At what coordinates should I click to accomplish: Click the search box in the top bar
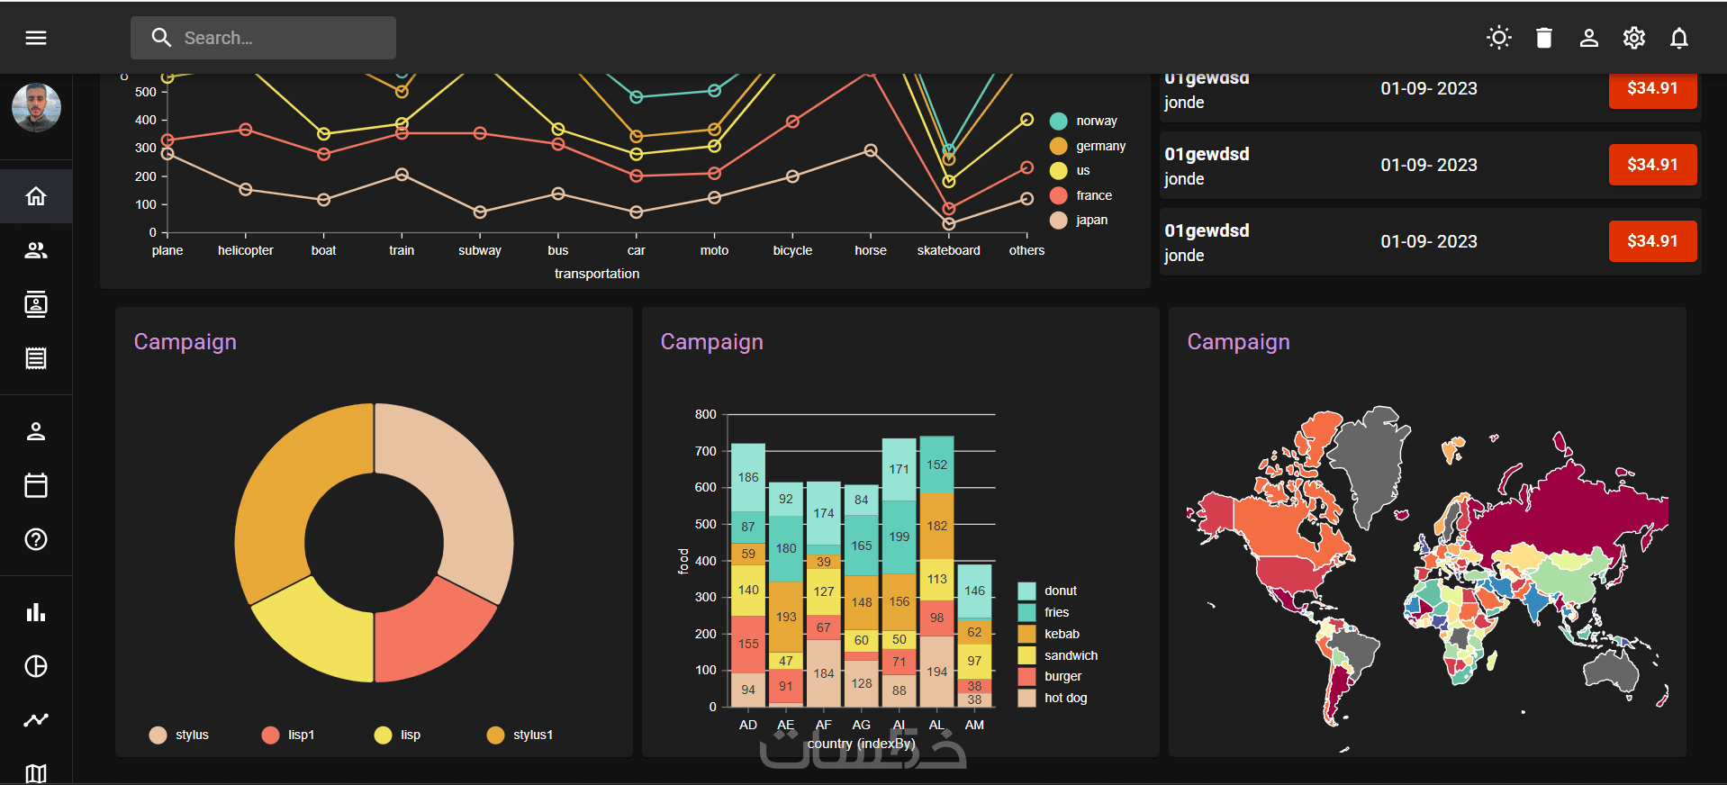263,38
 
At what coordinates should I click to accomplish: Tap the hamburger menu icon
36,38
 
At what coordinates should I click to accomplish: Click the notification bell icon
1678,38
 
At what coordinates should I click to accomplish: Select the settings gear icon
1633,38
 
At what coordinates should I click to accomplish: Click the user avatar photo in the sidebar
36,107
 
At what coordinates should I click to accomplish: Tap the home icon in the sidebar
36,196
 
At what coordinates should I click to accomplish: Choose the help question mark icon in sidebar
36,539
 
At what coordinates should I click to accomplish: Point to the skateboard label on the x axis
948,250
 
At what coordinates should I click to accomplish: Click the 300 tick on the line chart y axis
145,148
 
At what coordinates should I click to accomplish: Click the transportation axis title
596,274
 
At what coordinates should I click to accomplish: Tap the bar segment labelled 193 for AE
786,617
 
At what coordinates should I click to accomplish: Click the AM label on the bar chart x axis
974,725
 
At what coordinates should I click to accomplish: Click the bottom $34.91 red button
1652,241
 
